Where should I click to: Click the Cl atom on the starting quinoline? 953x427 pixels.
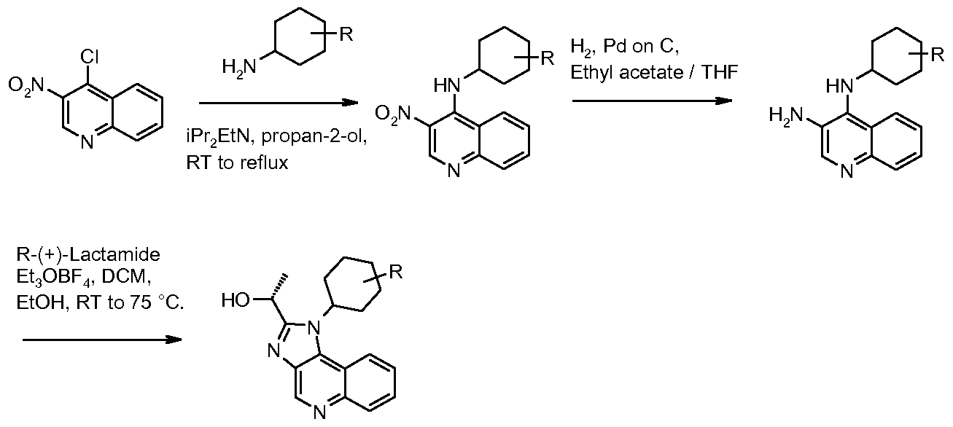click(x=90, y=57)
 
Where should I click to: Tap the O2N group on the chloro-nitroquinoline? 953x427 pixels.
click(x=26, y=85)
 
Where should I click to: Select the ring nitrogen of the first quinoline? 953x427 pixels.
click(x=87, y=143)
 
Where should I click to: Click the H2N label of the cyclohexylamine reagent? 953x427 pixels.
click(x=239, y=68)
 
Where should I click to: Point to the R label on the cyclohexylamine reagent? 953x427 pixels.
click(x=346, y=34)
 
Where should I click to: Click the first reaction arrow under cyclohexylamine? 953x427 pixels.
click(x=279, y=103)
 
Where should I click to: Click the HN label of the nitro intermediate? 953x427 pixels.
click(x=447, y=85)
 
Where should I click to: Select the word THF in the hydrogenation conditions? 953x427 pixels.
click(x=720, y=72)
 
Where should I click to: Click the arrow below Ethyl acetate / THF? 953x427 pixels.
click(x=652, y=101)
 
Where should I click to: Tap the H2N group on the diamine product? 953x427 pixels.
click(x=786, y=115)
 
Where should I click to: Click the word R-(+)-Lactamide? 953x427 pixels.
click(x=88, y=254)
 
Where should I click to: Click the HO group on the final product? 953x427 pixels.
click(x=236, y=301)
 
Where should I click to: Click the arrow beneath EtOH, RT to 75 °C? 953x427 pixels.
click(x=102, y=340)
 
